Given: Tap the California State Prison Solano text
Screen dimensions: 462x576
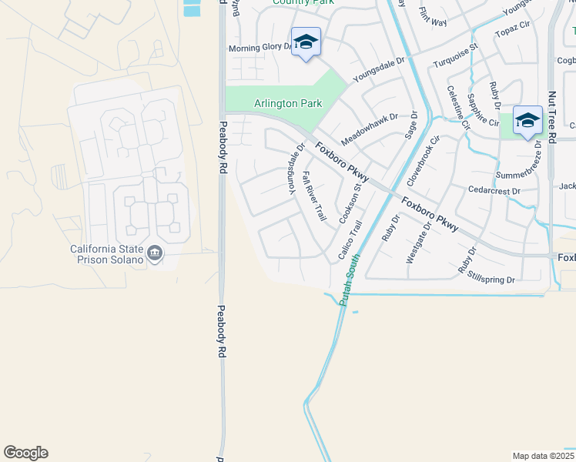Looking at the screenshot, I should coord(106,254).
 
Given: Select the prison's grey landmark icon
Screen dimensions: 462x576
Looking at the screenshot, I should coord(155,254).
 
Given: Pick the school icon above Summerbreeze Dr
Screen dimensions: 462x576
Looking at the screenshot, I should coord(527,121).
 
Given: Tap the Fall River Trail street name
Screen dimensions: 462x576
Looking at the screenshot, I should coord(315,196).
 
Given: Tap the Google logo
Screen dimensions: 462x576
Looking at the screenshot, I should coord(25,453).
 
